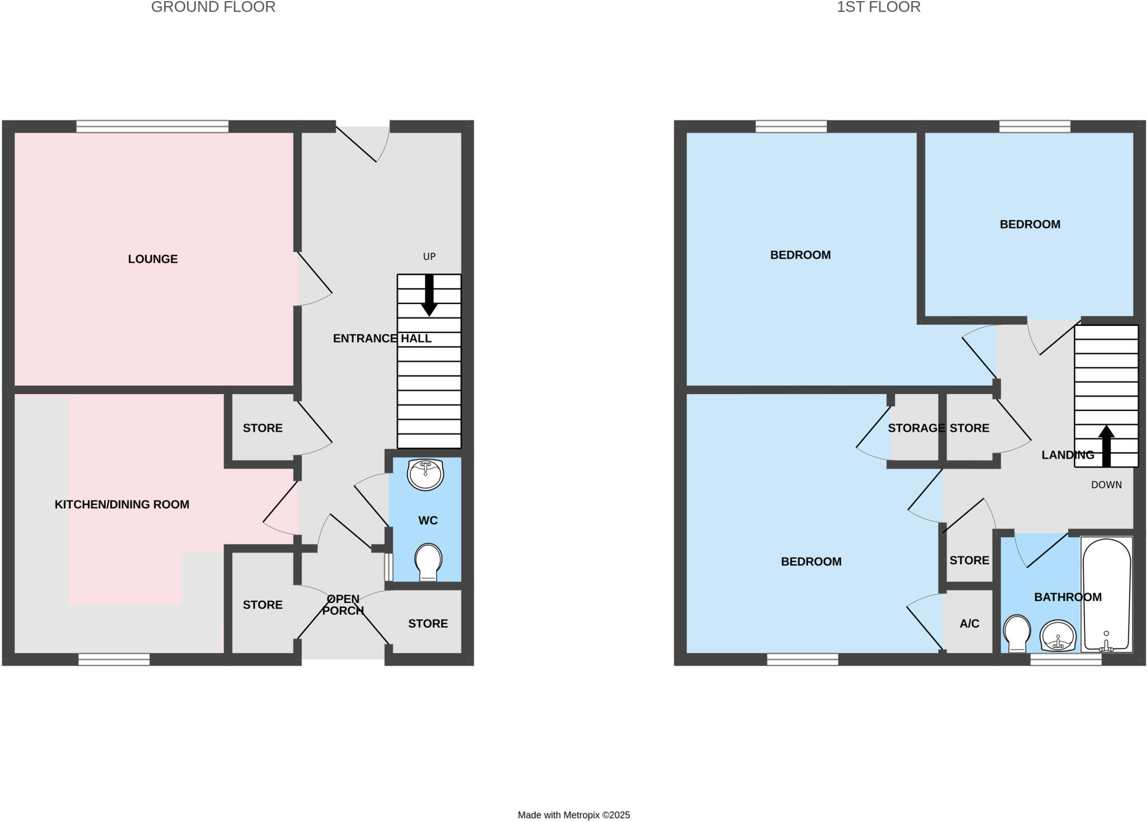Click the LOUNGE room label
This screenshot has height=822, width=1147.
[x=152, y=259]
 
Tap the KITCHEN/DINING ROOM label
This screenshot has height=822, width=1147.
[x=122, y=505]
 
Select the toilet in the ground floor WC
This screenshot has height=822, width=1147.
[x=428, y=562]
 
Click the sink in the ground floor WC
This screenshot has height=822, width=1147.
[x=426, y=474]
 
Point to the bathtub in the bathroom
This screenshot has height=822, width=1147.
[x=1106, y=595]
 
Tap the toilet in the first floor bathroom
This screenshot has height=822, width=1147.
[x=1017, y=633]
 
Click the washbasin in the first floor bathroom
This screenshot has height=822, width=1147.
[x=1058, y=636]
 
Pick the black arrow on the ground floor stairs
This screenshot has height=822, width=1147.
[x=429, y=295]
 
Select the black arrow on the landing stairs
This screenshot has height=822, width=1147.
[x=1106, y=446]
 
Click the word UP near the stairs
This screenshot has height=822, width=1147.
[x=429, y=256]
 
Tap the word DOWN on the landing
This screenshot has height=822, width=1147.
[x=1106, y=485]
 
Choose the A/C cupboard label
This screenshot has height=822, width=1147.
[x=969, y=623]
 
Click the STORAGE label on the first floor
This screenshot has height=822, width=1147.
[x=916, y=428]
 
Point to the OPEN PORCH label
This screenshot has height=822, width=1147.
[x=343, y=605]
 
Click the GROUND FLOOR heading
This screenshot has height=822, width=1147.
[x=213, y=7]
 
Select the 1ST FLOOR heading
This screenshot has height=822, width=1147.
[x=878, y=7]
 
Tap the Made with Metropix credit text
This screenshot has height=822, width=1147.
[x=573, y=815]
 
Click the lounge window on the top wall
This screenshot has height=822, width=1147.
[x=152, y=127]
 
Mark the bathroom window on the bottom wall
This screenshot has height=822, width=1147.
[x=1066, y=660]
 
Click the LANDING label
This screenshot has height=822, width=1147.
[x=1067, y=455]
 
